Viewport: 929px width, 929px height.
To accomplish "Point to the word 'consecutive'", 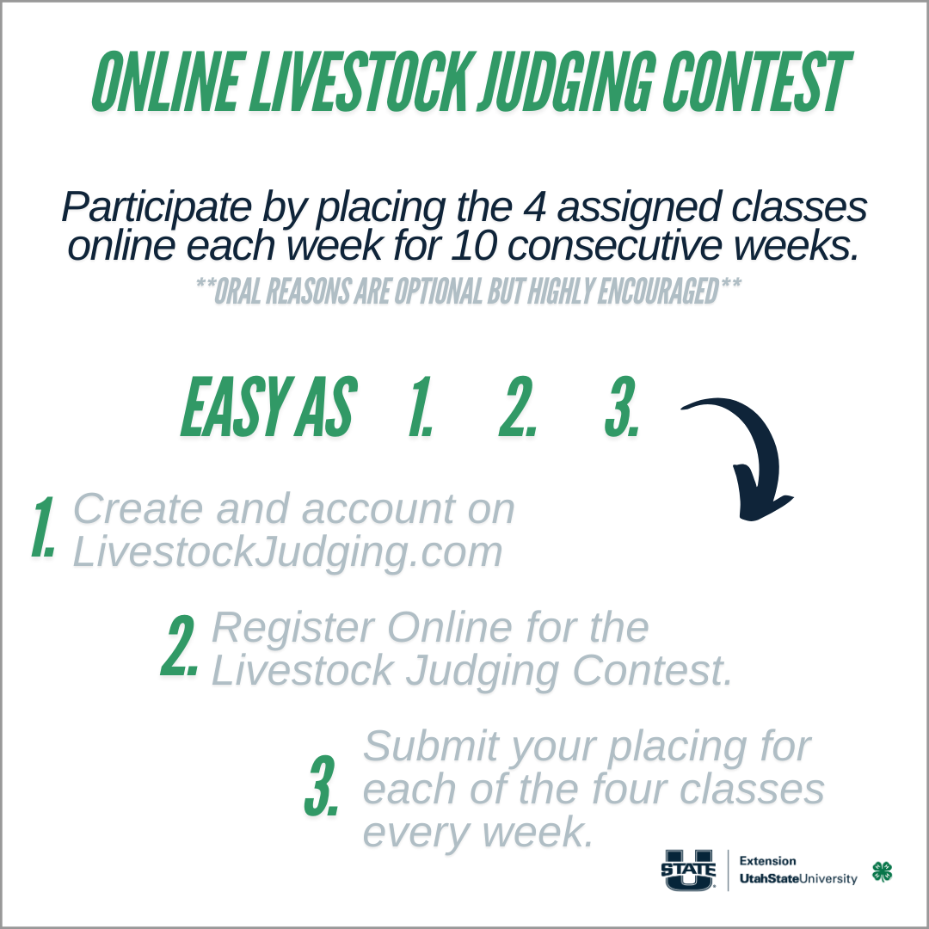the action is (616, 246).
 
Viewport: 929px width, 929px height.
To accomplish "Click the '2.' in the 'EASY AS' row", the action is (517, 407).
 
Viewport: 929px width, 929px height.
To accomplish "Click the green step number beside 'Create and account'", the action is (43, 527).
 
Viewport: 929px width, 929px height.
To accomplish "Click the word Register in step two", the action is (292, 629).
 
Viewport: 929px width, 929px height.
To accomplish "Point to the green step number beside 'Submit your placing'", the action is (322, 785).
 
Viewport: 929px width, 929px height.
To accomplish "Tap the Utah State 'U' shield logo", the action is (688, 870).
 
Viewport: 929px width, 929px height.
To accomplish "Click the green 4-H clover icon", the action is (883, 871).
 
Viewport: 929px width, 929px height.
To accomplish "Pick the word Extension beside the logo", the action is (767, 861).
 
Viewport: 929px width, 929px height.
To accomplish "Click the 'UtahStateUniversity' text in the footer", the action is (798, 878).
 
